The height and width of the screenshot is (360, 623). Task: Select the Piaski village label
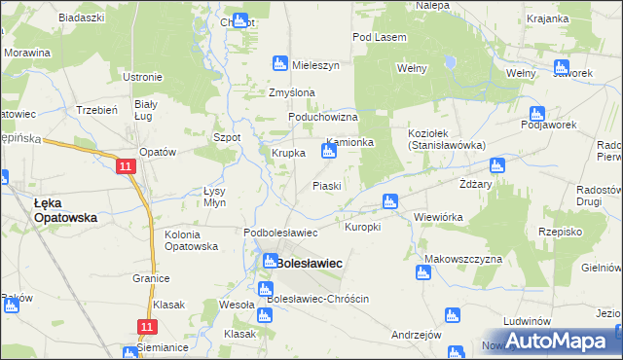click(326, 186)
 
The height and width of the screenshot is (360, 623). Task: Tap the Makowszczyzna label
click(462, 259)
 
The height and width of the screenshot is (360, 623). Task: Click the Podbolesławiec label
click(280, 233)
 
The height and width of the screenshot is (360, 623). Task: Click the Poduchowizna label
click(323, 117)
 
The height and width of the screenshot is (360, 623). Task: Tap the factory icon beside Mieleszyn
click(279, 64)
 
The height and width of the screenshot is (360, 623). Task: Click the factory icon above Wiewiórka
click(390, 201)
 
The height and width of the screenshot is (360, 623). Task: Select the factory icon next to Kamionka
click(329, 151)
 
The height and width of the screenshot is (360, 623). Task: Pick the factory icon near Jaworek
click(561, 67)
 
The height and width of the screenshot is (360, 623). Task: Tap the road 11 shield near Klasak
click(147, 327)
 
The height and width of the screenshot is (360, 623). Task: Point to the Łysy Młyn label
click(214, 198)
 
